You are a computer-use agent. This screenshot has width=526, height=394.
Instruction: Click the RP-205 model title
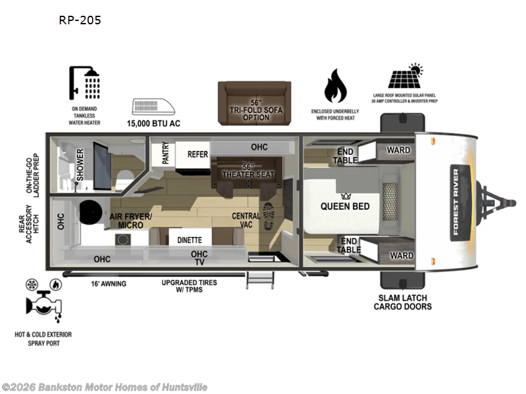tap(81, 20)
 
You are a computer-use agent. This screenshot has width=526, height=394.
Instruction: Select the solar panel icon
tap(405, 76)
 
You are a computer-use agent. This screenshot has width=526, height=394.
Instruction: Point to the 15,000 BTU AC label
tap(153, 122)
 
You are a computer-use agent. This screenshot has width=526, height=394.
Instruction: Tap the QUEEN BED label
tap(345, 206)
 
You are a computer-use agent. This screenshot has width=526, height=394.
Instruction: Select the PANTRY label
tap(156, 155)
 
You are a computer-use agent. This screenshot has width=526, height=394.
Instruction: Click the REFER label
tap(197, 154)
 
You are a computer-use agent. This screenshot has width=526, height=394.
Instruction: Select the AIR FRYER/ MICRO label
tap(131, 221)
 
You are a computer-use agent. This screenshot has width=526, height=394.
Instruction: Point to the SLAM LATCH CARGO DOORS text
tap(403, 302)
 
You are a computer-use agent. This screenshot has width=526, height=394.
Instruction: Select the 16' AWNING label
tap(108, 284)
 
